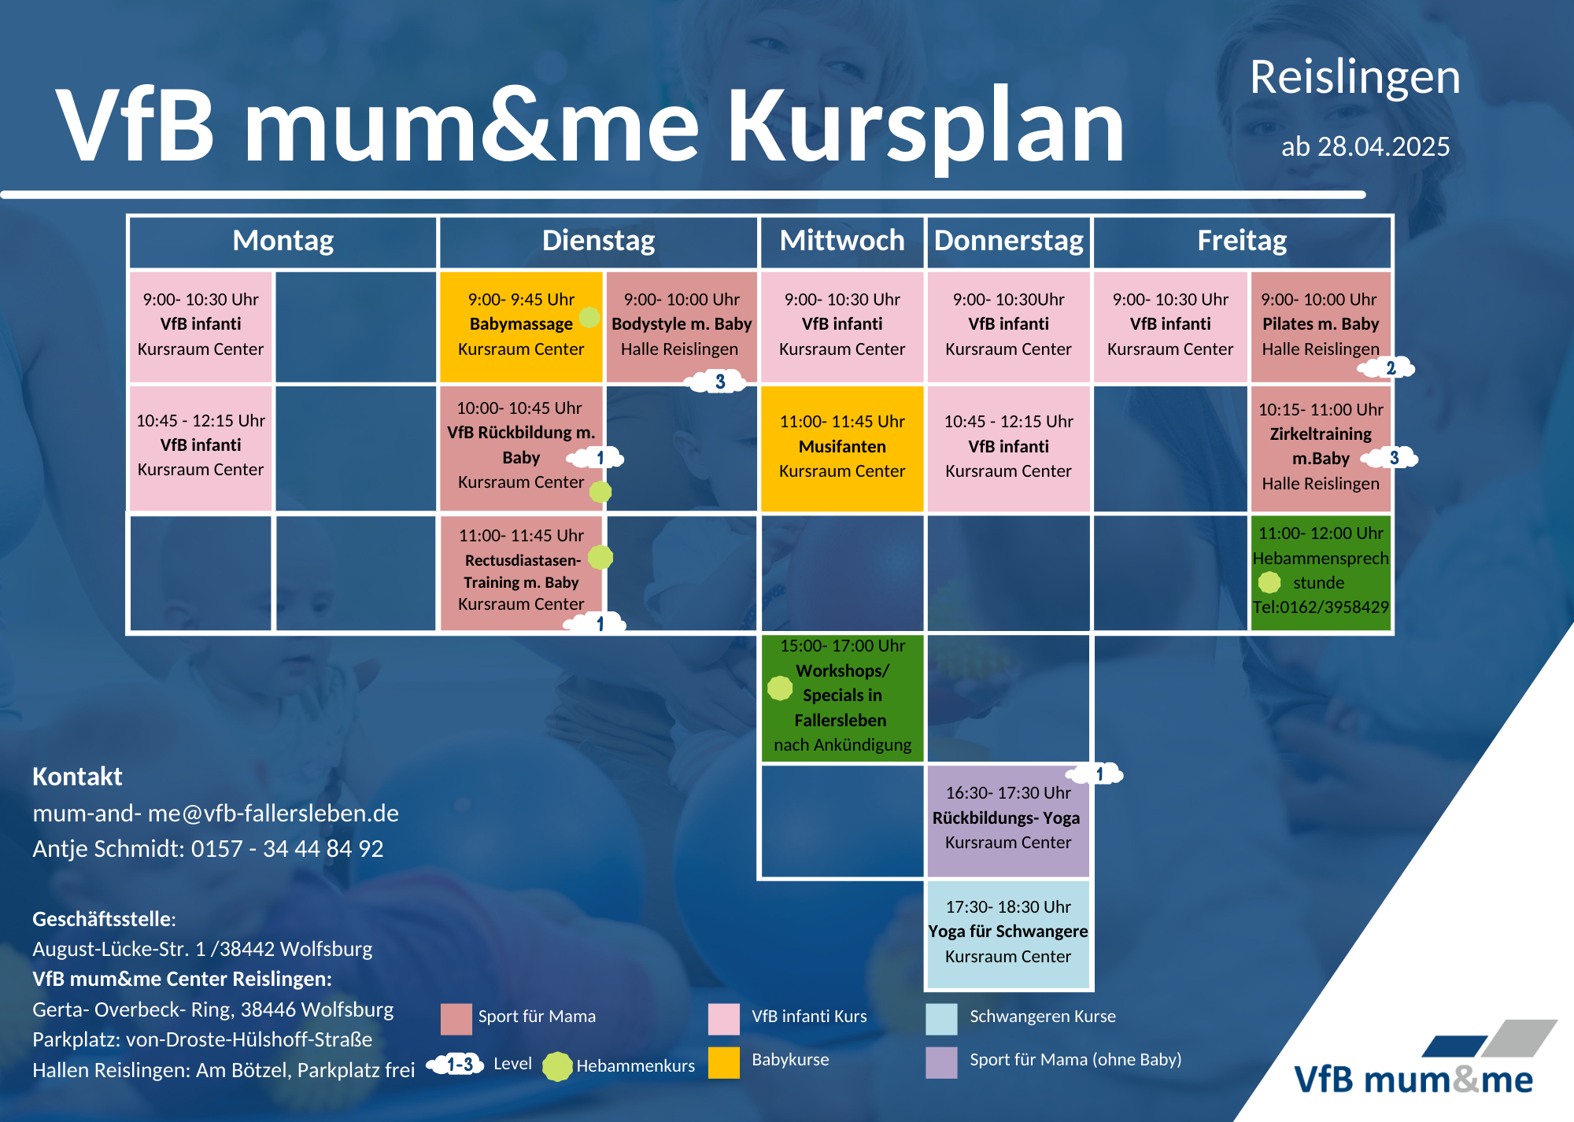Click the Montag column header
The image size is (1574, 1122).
283,241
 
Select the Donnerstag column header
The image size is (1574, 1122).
1009,241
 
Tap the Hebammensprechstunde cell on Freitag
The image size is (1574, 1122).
1321,572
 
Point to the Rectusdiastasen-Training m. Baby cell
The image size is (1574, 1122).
521,572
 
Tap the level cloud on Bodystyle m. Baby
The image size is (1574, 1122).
718,382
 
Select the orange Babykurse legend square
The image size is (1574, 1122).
723,1062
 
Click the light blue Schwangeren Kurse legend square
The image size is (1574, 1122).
941,1019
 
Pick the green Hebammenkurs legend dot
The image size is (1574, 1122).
557,1066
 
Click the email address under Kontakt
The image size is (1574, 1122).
216,813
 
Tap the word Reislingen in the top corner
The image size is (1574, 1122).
1354,78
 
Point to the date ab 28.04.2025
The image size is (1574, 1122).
1365,146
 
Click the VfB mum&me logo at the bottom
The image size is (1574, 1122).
1414,1060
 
